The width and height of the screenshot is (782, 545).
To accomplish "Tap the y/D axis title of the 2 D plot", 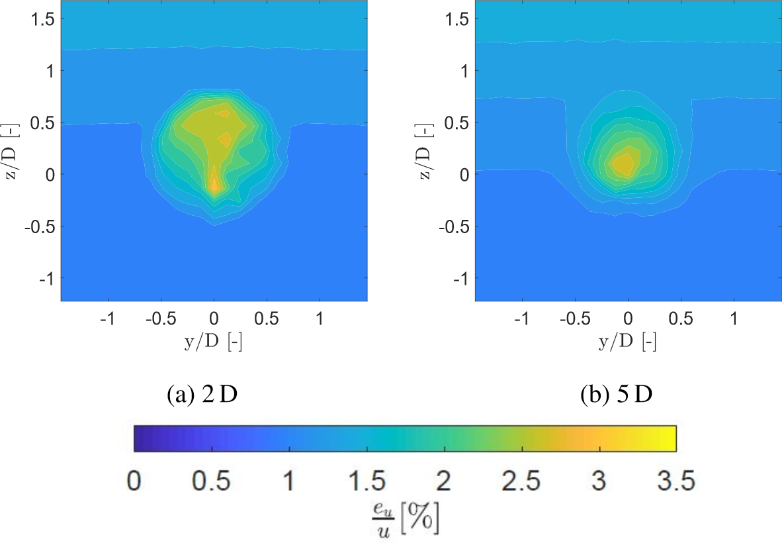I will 214,342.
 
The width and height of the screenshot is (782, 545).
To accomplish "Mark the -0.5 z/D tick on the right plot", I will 457,226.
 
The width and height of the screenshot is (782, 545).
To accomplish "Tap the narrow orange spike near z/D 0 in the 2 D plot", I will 214,183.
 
